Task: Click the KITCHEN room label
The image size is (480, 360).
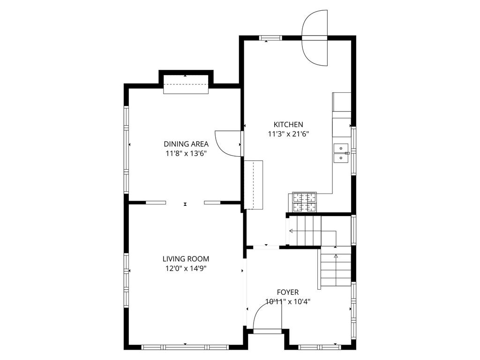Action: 288,125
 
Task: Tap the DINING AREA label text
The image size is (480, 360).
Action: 186,144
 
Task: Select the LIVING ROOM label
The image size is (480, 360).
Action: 186,259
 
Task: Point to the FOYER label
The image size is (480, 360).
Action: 288,292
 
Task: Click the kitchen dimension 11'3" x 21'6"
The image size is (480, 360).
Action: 288,134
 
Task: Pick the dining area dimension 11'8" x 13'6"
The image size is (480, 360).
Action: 186,154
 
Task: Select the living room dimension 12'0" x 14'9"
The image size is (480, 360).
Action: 186,269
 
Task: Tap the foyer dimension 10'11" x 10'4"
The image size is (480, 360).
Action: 288,302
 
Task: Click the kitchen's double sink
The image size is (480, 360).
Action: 341,153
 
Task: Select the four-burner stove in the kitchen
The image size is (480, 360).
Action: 305,202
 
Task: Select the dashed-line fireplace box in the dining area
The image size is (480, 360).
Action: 186,84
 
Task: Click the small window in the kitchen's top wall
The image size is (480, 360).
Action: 270,38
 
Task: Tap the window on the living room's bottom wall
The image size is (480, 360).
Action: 185,347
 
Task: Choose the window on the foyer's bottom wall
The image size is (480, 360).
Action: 320,347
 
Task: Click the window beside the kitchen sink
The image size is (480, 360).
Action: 353,150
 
